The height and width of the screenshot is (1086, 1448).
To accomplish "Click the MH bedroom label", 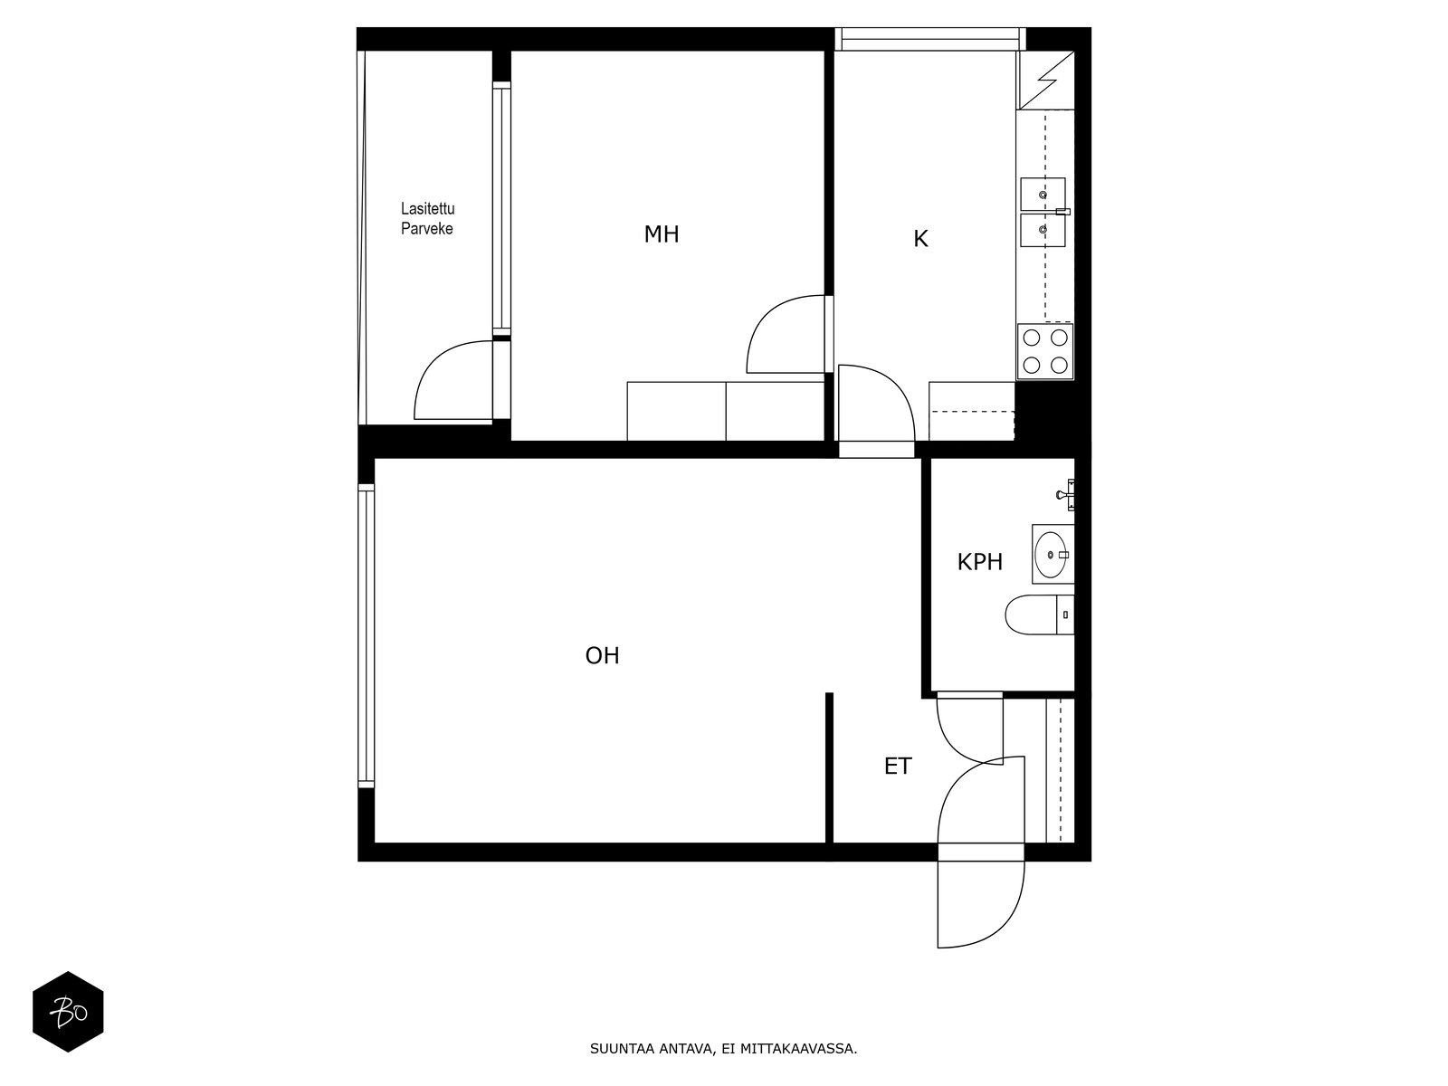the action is tap(661, 234).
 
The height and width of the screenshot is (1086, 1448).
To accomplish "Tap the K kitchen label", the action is tap(920, 239).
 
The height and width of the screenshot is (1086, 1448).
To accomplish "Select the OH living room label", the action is tap(602, 655).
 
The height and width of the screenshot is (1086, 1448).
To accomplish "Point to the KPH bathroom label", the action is tap(979, 562).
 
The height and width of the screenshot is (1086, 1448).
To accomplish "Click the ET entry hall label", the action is tap(897, 767).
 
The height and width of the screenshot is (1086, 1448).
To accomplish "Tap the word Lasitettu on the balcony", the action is tap(427, 209).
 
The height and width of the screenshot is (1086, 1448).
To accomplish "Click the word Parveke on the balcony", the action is tap(427, 229).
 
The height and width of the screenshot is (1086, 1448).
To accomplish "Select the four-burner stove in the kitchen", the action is tap(1045, 351).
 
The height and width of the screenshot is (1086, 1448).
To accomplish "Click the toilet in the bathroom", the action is tap(1039, 614).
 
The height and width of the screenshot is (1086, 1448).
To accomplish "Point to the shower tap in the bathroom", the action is tap(1065, 494).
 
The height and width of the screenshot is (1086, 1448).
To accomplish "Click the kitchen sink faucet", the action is tap(1062, 212).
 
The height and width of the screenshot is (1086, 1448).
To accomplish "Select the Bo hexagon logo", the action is tap(68, 1012).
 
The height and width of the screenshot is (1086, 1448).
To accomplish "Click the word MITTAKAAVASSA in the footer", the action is tap(798, 1049).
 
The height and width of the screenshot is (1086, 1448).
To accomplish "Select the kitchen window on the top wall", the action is tap(930, 39).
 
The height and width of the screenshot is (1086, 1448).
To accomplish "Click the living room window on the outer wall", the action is tap(367, 635).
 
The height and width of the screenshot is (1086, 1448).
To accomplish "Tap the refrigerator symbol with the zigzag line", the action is tap(1045, 80).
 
